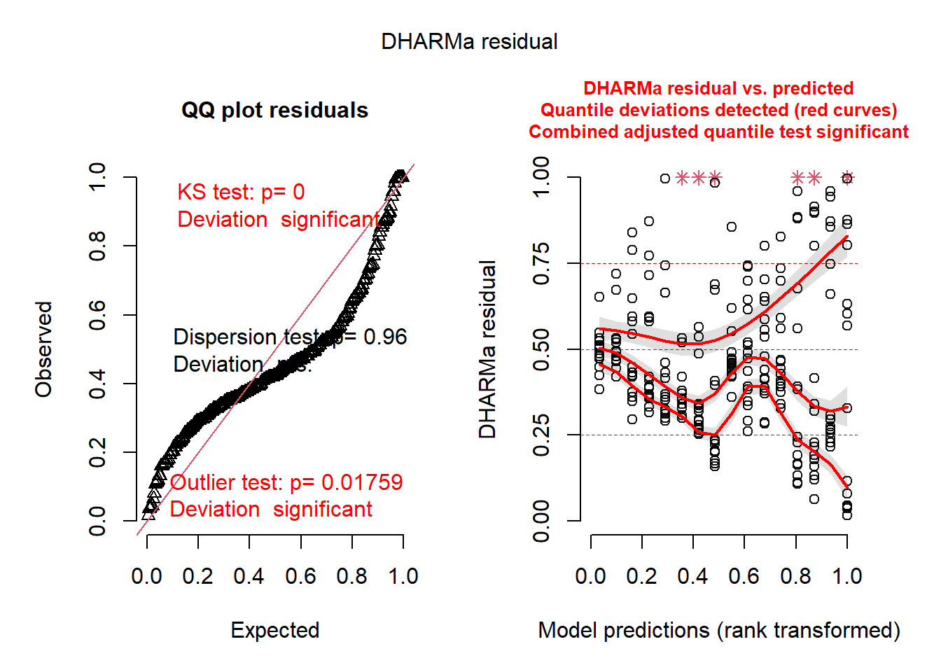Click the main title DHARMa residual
coord(469,42)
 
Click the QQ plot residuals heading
coord(274,111)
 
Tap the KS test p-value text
coord(241,192)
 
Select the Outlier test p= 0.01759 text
coord(286,482)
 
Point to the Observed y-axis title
coord(44,349)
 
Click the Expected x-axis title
coord(275,630)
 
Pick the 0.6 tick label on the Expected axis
coord(300,576)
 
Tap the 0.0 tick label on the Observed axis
coord(97,521)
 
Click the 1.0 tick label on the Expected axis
coord(403,576)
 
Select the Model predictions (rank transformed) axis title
coord(719,630)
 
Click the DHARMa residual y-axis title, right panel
coord(487,349)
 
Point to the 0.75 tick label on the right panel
coord(541,263)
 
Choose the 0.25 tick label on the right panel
coord(541,435)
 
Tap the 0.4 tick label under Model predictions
coord(692,576)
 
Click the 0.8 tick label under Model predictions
coord(795,576)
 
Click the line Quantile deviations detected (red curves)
coord(719,111)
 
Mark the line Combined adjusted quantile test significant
coord(719,132)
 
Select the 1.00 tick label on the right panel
coord(541,177)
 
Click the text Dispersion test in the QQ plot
coord(245,337)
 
